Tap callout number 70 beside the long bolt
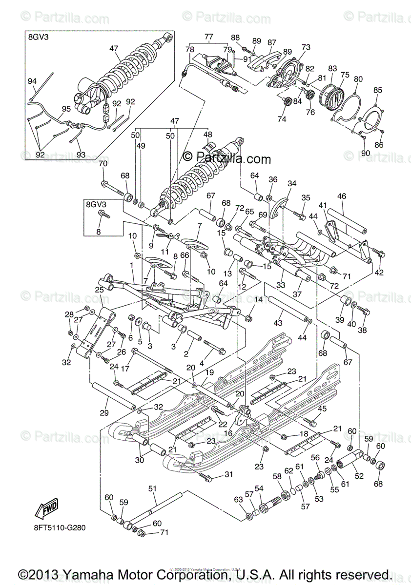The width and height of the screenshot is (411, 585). [x=103, y=164]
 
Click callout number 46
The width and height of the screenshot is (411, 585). [x=341, y=196]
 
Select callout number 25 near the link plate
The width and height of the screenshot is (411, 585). [x=99, y=290]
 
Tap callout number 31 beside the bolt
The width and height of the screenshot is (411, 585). [x=229, y=475]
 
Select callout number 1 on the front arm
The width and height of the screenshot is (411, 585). [x=131, y=264]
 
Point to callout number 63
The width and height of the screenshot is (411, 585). [x=238, y=499]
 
